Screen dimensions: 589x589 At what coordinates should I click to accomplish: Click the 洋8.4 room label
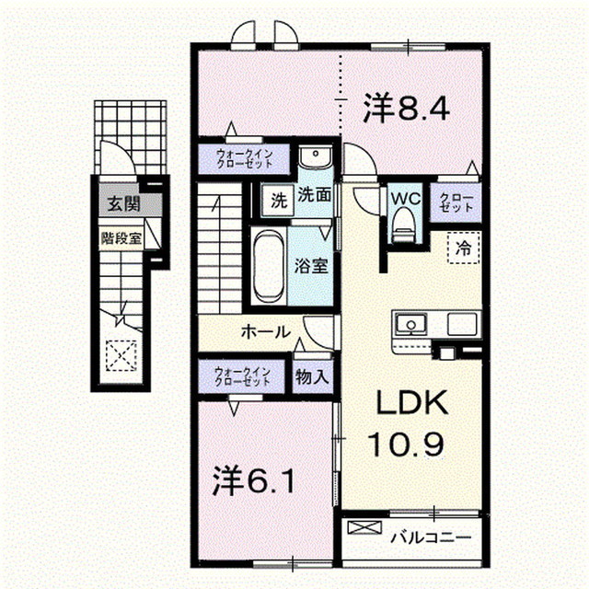click(x=406, y=110)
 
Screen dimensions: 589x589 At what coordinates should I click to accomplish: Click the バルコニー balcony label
click(x=429, y=536)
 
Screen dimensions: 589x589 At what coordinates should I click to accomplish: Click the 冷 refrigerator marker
click(x=465, y=248)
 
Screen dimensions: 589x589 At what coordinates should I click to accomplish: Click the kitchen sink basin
click(x=410, y=324)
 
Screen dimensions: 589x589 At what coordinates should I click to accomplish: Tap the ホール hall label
click(x=267, y=331)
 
